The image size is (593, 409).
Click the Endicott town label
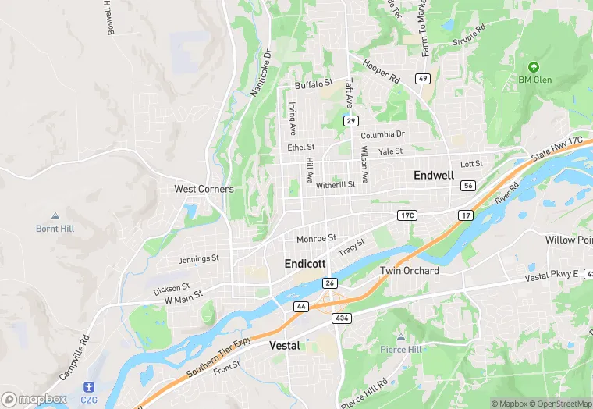pos(304,264)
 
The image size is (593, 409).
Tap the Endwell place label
pos(434,176)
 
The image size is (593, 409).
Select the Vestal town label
pos(284,345)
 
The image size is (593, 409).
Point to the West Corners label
pos(204,189)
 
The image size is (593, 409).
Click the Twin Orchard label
pos(410,271)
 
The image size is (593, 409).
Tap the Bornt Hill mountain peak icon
pos(55,216)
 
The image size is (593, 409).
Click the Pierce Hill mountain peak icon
pos(401,337)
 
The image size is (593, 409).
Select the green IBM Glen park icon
pos(534,67)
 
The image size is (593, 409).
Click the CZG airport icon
pos(90,387)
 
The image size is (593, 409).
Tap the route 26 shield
pos(330,283)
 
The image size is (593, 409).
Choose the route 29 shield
pos(351,120)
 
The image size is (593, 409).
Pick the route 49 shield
pos(422,78)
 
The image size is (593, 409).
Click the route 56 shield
pos(468,185)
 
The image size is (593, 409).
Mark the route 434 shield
pos(341,318)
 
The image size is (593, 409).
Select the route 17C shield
pos(407,215)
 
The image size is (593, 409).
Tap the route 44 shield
pos(300,307)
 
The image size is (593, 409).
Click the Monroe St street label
pos(316,238)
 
